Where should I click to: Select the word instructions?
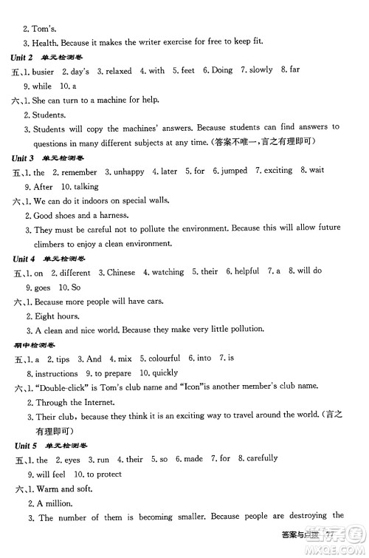(x=56, y=373)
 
